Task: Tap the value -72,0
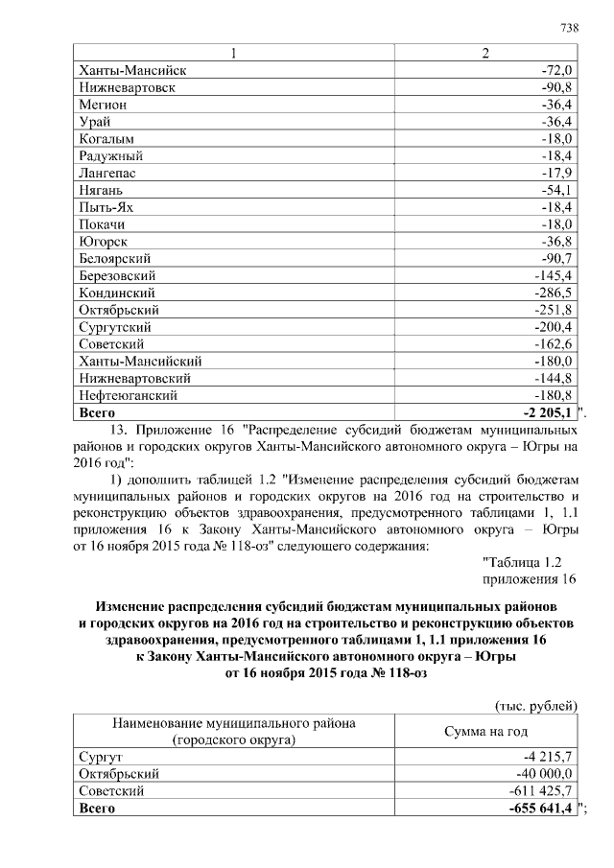(x=556, y=71)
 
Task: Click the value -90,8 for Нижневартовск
(x=556, y=87)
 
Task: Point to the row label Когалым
(x=103, y=137)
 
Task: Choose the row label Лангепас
(x=105, y=173)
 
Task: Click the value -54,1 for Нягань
(x=556, y=190)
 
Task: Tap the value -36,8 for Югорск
(x=556, y=241)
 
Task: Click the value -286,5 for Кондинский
(x=554, y=293)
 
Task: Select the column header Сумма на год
(x=485, y=731)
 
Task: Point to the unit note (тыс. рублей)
(x=535, y=707)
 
